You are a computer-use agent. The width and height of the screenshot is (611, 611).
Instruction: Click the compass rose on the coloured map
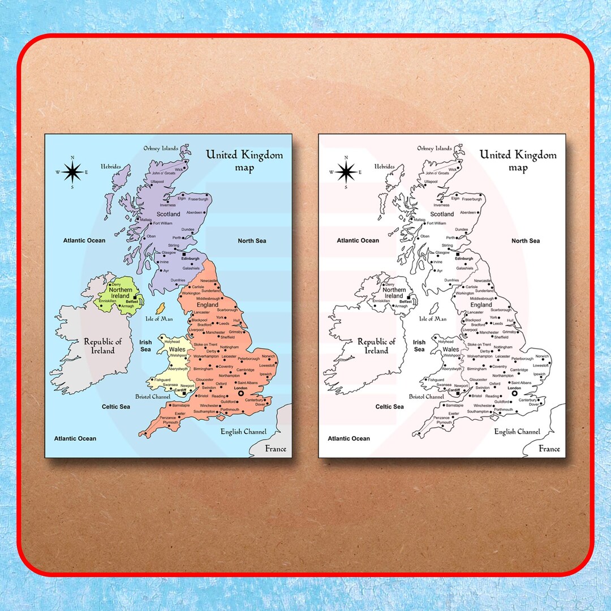[x=72, y=171]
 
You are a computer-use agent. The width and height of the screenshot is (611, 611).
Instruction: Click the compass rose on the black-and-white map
[x=346, y=171]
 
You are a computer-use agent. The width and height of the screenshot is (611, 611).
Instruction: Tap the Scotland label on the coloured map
[x=168, y=214]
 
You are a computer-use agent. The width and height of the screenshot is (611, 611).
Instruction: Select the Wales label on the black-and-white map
[x=451, y=350]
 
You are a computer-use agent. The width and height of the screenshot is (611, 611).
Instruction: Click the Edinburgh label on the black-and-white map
[x=464, y=259]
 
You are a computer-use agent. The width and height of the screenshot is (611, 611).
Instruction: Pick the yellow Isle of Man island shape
[x=160, y=309]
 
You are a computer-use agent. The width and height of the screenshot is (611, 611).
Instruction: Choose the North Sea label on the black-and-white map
[x=526, y=241]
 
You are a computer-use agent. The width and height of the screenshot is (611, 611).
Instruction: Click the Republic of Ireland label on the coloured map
[x=103, y=346]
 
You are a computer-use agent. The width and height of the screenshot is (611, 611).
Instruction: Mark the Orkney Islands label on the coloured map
[x=161, y=148]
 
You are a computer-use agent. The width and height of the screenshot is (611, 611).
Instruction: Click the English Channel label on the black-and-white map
[x=517, y=432]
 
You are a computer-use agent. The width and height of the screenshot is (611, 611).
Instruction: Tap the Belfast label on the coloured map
[x=132, y=302]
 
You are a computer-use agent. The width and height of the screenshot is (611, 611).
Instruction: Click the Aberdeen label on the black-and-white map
[x=468, y=212]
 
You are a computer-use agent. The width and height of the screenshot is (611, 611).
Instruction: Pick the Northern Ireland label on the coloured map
[x=121, y=293]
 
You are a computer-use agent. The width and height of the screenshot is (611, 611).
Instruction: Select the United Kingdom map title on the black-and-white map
[x=518, y=160]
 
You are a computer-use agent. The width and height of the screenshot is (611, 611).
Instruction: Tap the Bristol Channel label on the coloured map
[x=153, y=397]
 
